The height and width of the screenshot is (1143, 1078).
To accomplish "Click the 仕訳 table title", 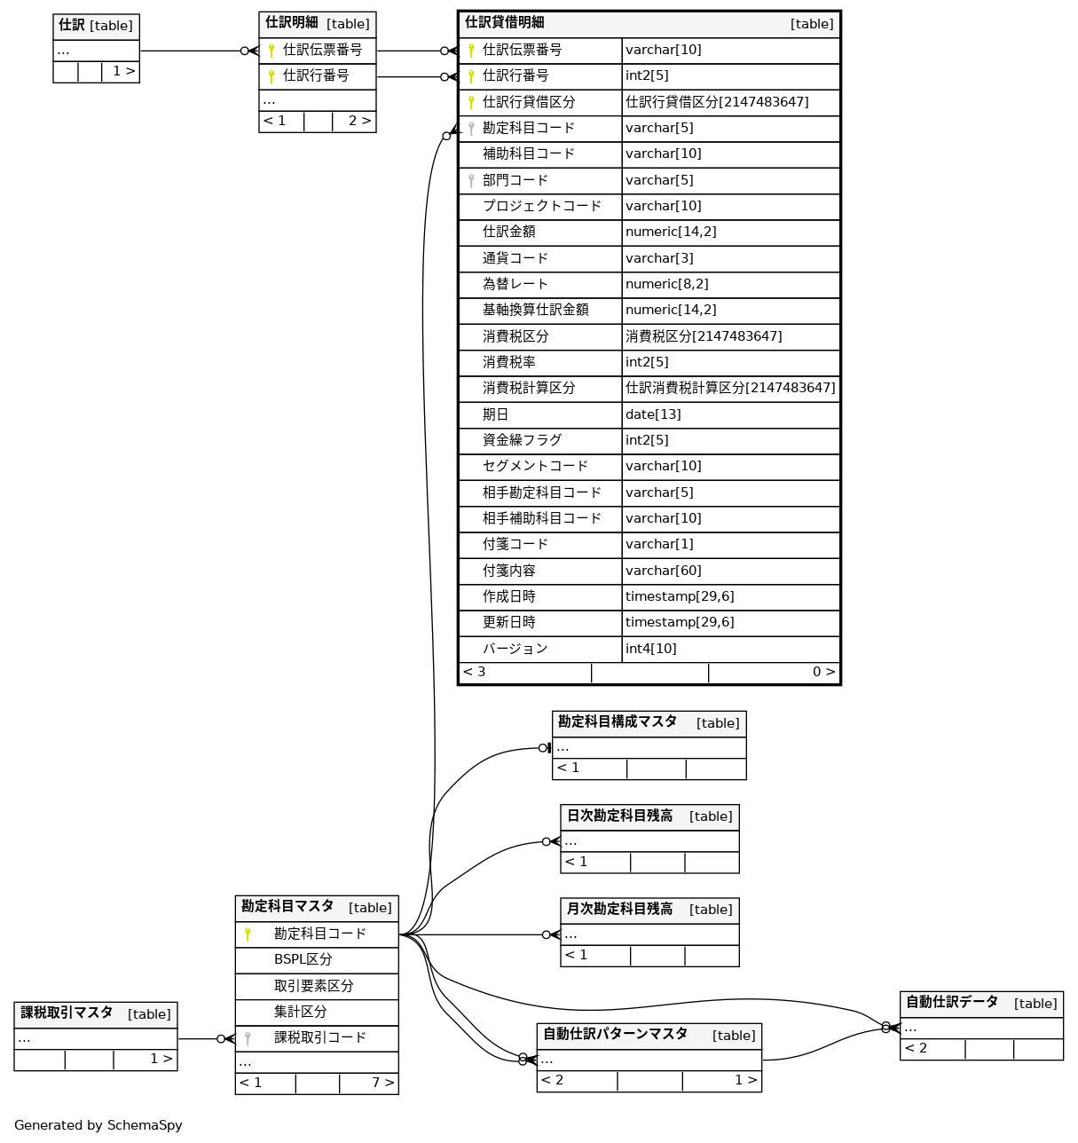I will tap(71, 26).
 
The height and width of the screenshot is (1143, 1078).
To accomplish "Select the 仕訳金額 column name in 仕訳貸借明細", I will tap(508, 233).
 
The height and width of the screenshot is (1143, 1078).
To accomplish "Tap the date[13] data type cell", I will tap(653, 414).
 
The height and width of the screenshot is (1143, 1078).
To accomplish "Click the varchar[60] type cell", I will tap(663, 571).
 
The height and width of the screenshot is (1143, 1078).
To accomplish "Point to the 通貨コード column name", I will tap(515, 258).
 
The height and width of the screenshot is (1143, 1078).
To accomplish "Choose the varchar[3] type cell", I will tap(659, 258).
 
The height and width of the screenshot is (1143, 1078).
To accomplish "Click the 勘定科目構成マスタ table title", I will tap(617, 722).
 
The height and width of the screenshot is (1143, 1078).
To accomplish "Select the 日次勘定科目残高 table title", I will tap(619, 816).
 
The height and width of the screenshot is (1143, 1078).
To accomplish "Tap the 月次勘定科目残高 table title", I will tap(619, 909).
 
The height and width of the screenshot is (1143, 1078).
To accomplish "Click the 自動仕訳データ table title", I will tap(951, 1003).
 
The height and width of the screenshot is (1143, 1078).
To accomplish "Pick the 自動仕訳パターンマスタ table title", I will tap(615, 1035).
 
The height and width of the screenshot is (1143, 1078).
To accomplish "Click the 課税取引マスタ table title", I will tap(67, 1013).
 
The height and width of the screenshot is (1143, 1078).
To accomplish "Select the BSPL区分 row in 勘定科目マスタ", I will tap(303, 959).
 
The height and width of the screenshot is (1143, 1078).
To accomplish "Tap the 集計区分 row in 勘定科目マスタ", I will tap(300, 1012).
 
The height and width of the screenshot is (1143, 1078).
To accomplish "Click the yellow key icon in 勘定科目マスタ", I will tap(248, 934).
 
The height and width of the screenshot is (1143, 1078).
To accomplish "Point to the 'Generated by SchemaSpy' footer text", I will tap(98, 1125).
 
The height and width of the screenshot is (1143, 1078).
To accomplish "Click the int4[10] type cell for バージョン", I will tap(650, 649).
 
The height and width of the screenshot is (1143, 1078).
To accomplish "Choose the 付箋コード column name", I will tap(515, 544).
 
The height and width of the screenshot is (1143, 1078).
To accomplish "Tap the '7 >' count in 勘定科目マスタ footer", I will tap(382, 1083).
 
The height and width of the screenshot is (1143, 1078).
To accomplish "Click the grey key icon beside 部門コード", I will tap(471, 180).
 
